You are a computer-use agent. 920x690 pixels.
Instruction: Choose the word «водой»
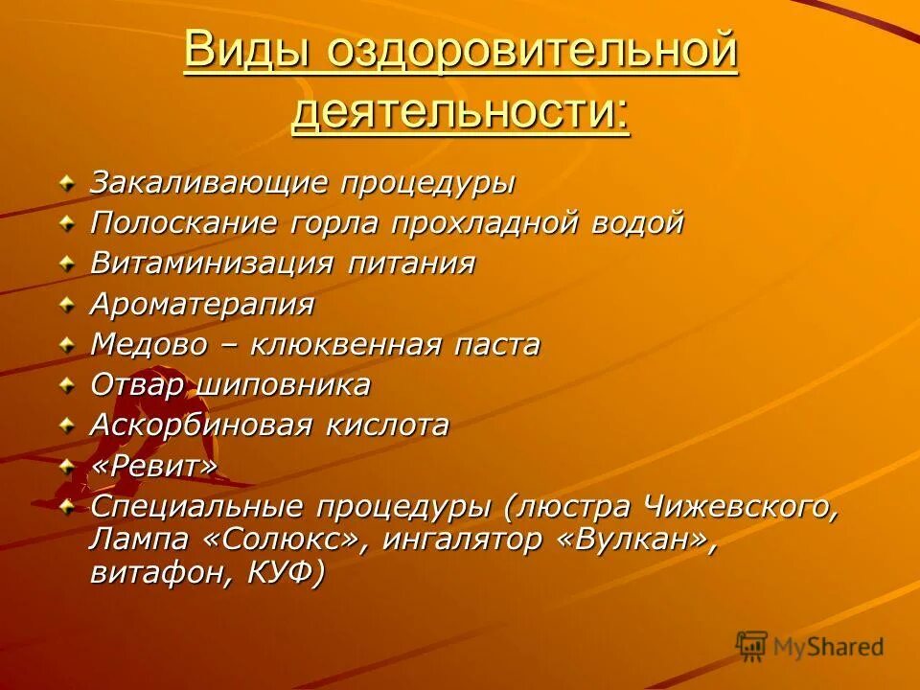638,223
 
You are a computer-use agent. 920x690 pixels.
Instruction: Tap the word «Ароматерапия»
202,305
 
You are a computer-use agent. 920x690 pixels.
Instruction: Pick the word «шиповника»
285,385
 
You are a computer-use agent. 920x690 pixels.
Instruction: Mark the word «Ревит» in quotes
154,466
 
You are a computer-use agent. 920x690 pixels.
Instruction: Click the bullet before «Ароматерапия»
66,305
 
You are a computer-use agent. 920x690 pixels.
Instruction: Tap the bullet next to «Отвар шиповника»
66,385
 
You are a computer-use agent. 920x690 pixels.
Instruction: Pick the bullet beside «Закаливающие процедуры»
66,182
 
